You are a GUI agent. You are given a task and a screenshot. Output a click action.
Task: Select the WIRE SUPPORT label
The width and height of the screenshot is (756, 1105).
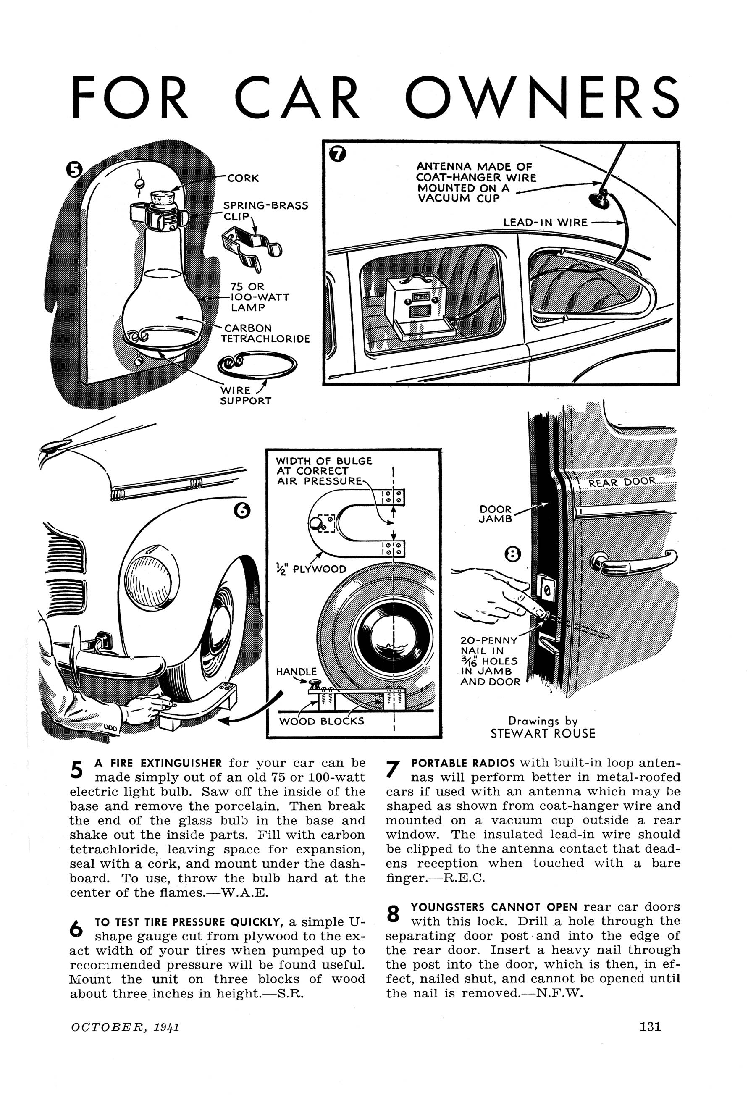click(245, 395)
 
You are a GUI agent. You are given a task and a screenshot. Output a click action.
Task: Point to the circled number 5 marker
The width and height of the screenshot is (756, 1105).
click(74, 170)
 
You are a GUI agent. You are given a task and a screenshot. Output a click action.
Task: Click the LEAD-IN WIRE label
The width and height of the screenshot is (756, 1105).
click(545, 223)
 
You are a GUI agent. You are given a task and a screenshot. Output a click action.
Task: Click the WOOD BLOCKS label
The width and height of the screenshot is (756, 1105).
click(322, 721)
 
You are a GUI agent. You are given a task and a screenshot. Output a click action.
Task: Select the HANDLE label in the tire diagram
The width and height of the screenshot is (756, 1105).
click(296, 672)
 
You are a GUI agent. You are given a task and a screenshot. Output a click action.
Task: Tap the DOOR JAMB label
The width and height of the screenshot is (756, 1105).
click(496, 514)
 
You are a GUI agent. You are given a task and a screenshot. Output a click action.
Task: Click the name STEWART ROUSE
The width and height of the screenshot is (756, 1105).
click(543, 733)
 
